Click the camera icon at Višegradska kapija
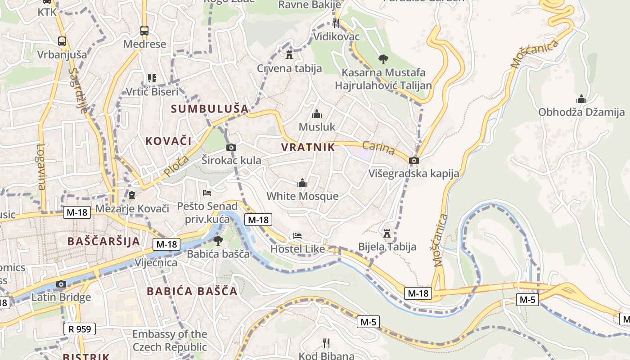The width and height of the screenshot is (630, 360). [414, 160]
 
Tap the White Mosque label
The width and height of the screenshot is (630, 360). [302, 196]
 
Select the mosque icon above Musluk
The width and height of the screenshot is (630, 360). [317, 114]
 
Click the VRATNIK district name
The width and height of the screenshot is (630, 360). [308, 147]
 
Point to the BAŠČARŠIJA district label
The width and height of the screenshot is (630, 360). [104, 241]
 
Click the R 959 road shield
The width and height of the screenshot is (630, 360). [80, 329]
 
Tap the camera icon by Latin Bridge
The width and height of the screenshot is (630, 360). [61, 284]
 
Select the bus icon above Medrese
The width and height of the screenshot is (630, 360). [144, 31]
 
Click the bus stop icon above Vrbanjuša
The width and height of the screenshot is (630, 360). [62, 41]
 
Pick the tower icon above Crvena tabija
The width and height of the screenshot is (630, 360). [289, 55]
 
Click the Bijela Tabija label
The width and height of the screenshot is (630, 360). [387, 247]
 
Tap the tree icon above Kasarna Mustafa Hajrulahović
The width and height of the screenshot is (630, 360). [383, 58]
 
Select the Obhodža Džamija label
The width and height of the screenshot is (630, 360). [581, 112]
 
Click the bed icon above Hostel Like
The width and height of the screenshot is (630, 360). [297, 236]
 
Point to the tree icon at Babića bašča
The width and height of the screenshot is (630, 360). [218, 241]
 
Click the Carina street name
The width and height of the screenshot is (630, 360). [378, 148]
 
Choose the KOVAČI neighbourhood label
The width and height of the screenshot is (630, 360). [168, 141]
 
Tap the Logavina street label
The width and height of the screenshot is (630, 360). [41, 166]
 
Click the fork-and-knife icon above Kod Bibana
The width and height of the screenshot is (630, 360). [326, 343]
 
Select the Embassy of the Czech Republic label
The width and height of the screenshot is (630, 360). [170, 341]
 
